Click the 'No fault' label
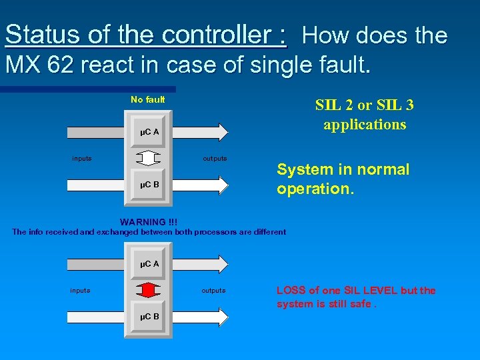147,100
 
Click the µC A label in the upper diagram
149,132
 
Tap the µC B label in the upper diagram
149,184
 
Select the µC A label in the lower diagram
149,264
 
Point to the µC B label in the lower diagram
149,316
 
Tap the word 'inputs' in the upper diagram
82,159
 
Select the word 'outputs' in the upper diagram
215,159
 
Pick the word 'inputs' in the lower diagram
80,291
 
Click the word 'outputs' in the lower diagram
213,291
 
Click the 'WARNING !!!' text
148,222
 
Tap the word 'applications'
365,124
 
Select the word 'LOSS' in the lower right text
290,291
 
